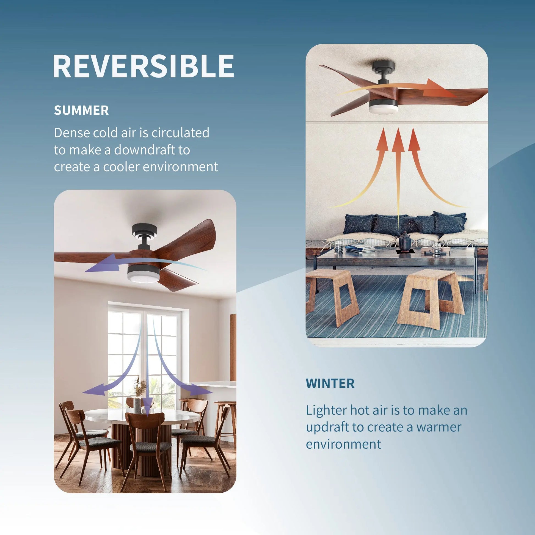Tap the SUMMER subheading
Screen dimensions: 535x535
pos(81,110)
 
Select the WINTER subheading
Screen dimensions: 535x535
pos(330,383)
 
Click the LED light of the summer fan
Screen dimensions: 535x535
pos(143,276)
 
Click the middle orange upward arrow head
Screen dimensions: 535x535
pos(398,141)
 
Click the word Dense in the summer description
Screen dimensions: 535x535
pos(71,133)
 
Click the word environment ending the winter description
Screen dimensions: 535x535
pos(343,444)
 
